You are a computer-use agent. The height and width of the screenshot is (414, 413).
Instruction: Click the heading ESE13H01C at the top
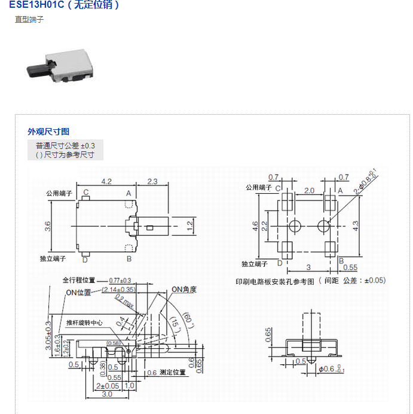click(36, 5)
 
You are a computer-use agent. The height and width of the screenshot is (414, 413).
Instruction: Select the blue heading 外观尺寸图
click(48, 132)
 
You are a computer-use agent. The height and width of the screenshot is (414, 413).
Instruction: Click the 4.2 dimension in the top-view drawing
click(107, 181)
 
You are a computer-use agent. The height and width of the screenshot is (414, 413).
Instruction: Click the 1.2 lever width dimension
click(190, 226)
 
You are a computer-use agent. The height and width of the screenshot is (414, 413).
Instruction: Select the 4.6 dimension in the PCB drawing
click(256, 226)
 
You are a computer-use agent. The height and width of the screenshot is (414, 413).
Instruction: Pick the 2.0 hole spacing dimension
click(308, 191)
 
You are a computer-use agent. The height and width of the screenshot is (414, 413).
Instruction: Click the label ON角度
click(184, 290)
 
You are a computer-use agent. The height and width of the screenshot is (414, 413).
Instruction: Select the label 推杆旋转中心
click(84, 322)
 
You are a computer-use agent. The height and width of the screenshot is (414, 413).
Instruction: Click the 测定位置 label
click(172, 372)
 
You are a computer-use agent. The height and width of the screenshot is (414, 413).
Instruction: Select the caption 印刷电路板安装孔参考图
click(275, 281)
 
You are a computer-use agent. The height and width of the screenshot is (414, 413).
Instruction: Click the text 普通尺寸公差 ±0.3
click(65, 145)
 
